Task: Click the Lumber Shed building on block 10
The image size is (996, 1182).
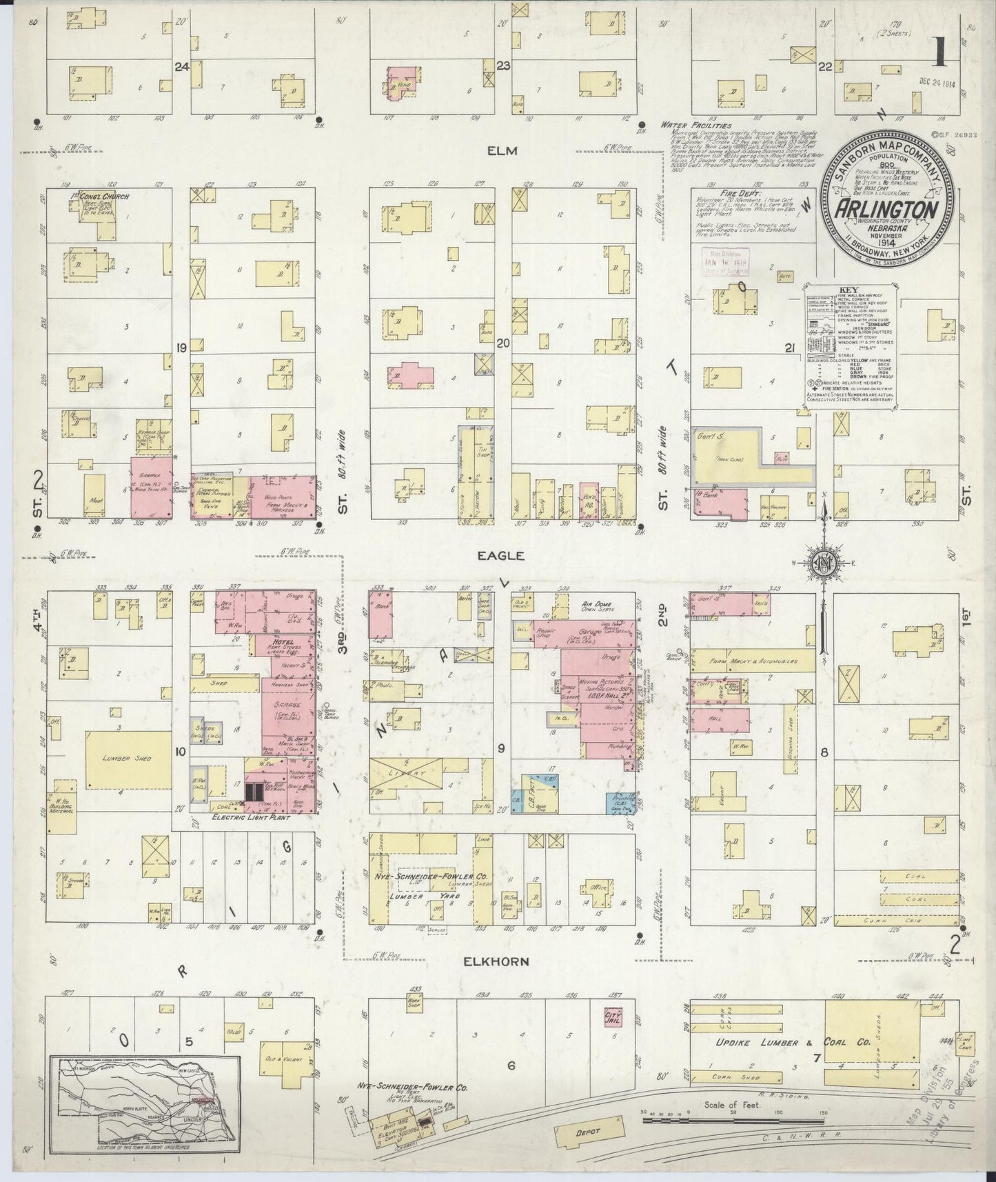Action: pyautogui.click(x=128, y=759)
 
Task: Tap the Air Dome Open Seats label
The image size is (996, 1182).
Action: pyautogui.click(x=597, y=606)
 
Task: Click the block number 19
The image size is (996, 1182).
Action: pyautogui.click(x=181, y=348)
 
